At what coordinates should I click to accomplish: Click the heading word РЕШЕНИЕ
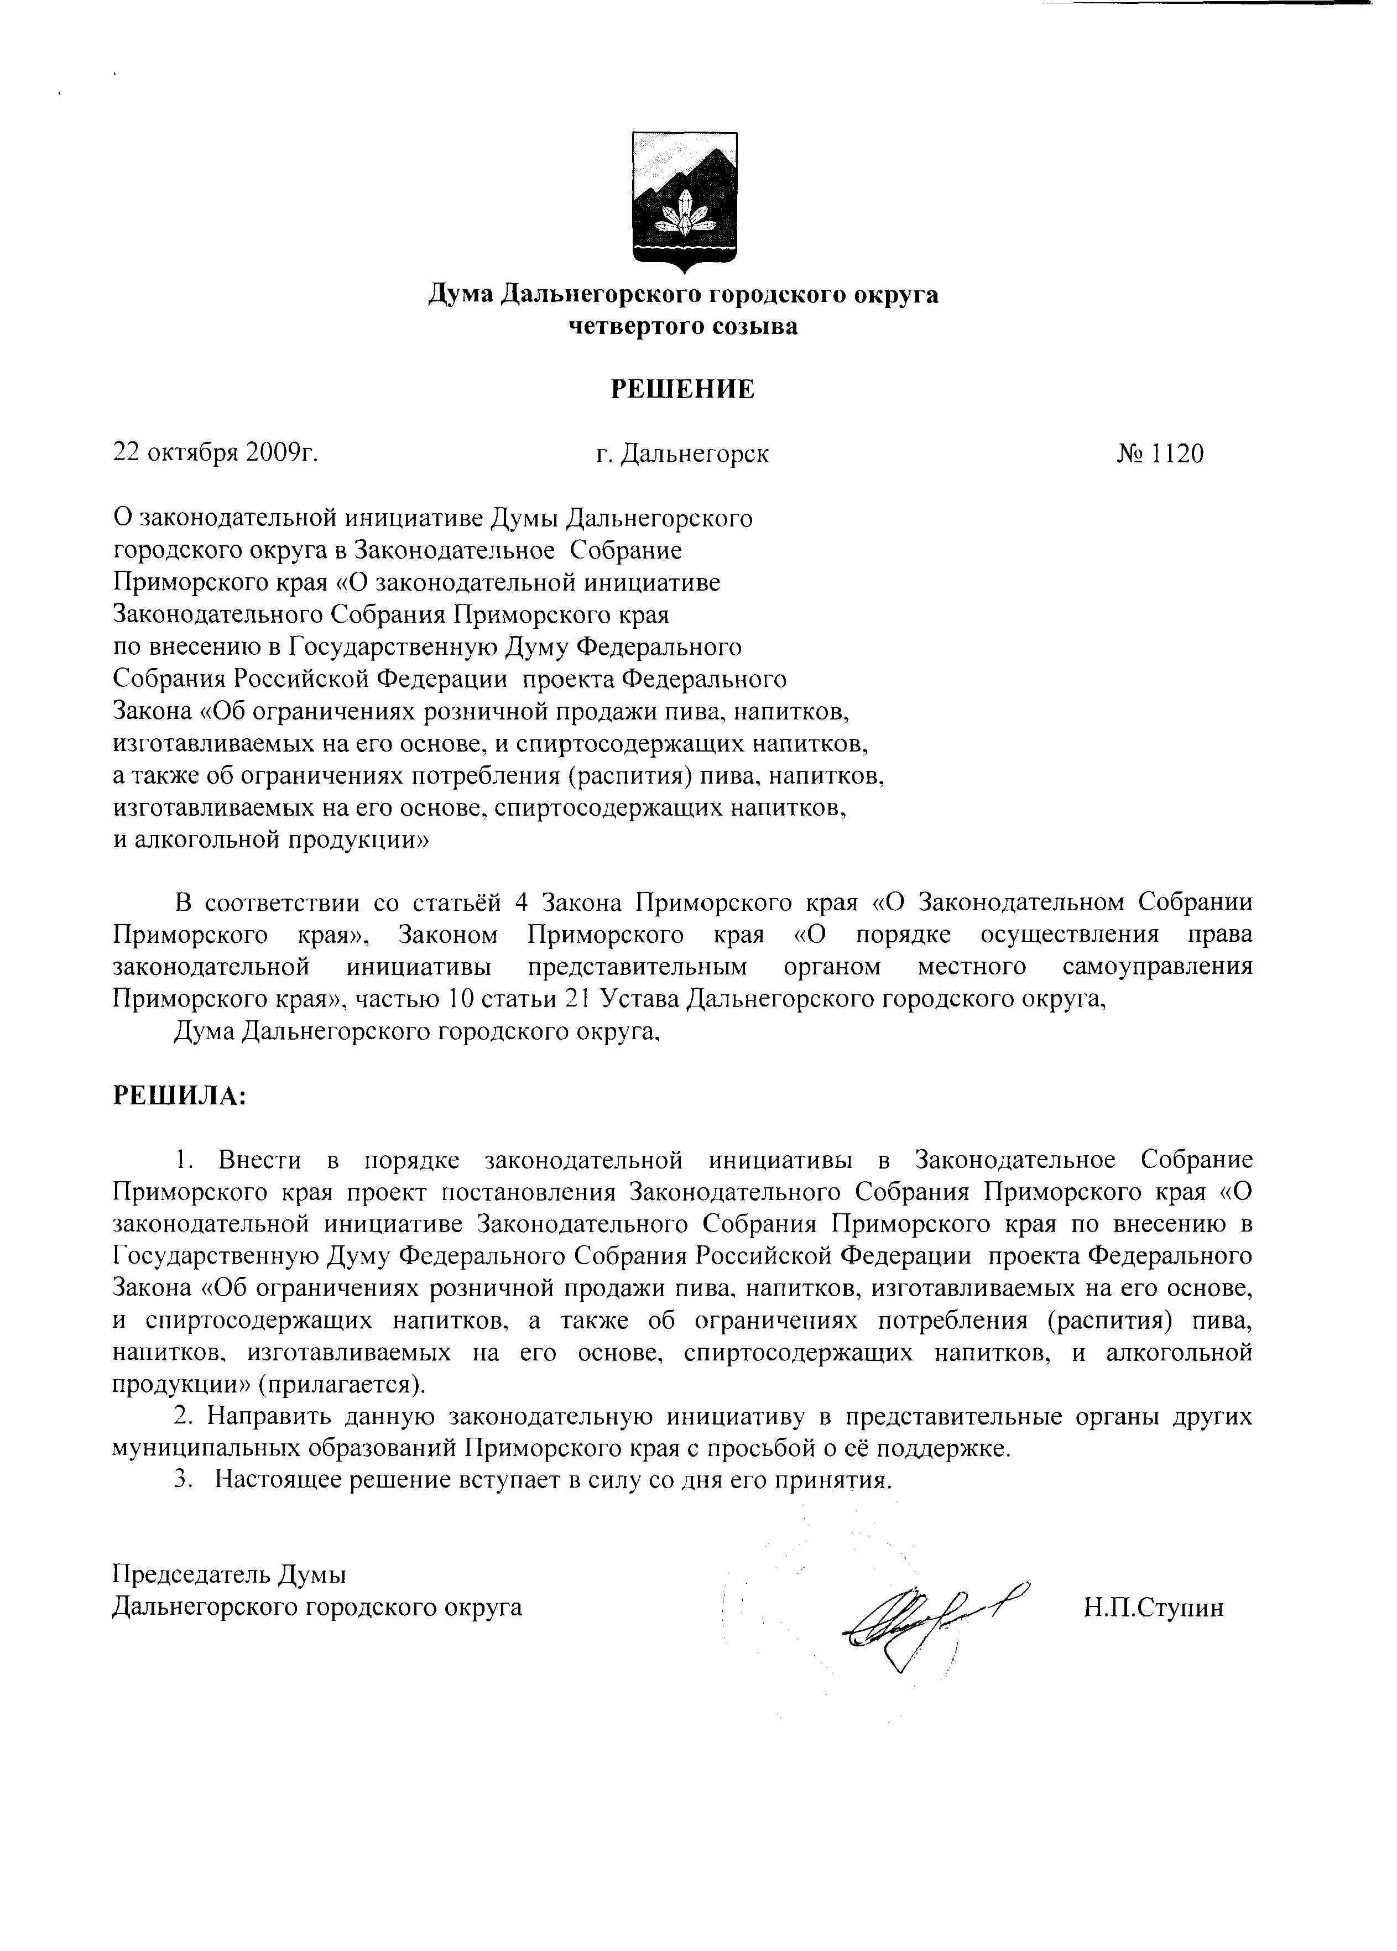(x=683, y=390)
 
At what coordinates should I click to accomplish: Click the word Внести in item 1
(x=260, y=1160)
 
